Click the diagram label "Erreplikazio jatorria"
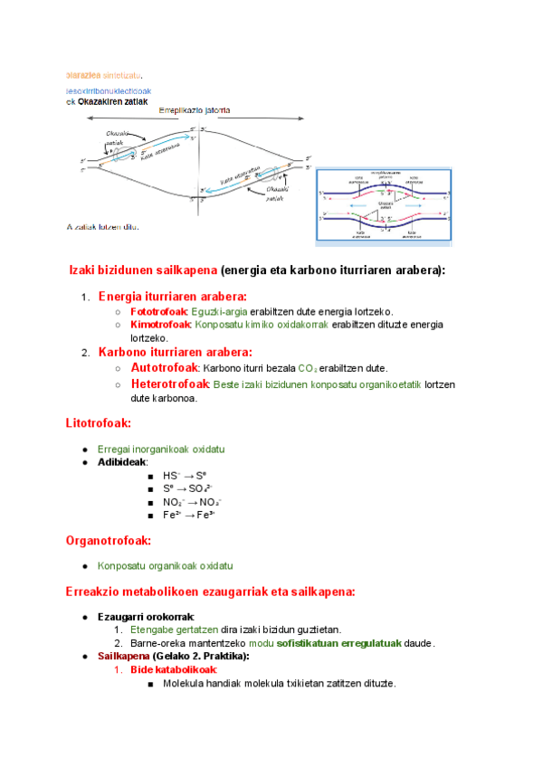tap(194, 110)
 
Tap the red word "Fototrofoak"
tap(160, 311)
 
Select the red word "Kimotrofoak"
tap(160, 325)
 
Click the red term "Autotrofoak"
tap(165, 368)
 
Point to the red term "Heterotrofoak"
tap(170, 384)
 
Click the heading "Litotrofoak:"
tap(99, 422)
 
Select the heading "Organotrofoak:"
tap(108, 541)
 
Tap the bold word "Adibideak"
tap(122, 462)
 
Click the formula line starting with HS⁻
tap(186, 475)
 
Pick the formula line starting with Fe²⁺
tap(188, 514)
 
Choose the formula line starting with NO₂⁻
tap(192, 501)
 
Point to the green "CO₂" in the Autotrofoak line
tap(310, 369)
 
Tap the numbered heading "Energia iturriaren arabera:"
tap(172, 296)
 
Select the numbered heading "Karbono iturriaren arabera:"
tap(175, 352)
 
